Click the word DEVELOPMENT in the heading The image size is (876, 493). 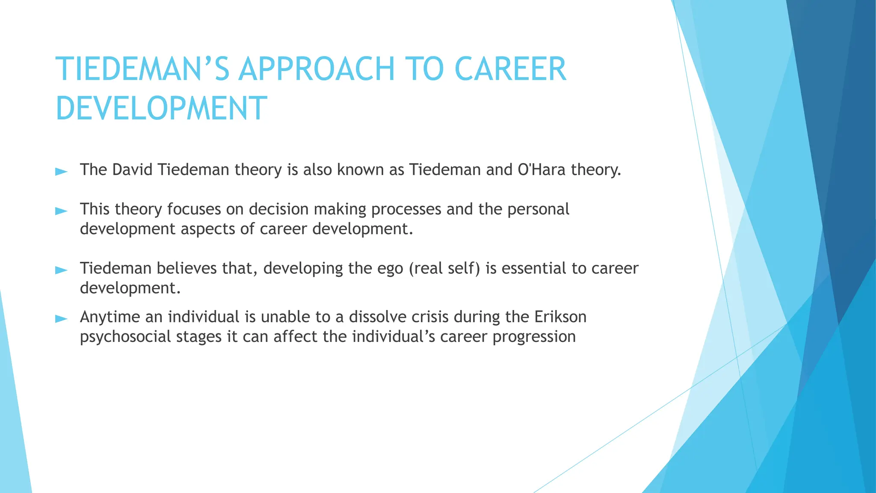pos(161,108)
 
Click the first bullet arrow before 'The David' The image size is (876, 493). pos(62,172)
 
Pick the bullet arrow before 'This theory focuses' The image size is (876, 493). pos(62,211)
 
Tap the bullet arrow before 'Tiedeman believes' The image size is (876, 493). pos(62,270)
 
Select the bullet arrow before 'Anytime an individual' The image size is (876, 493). pos(62,319)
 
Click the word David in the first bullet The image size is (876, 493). pos(132,170)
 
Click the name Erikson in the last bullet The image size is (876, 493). pos(560,317)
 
